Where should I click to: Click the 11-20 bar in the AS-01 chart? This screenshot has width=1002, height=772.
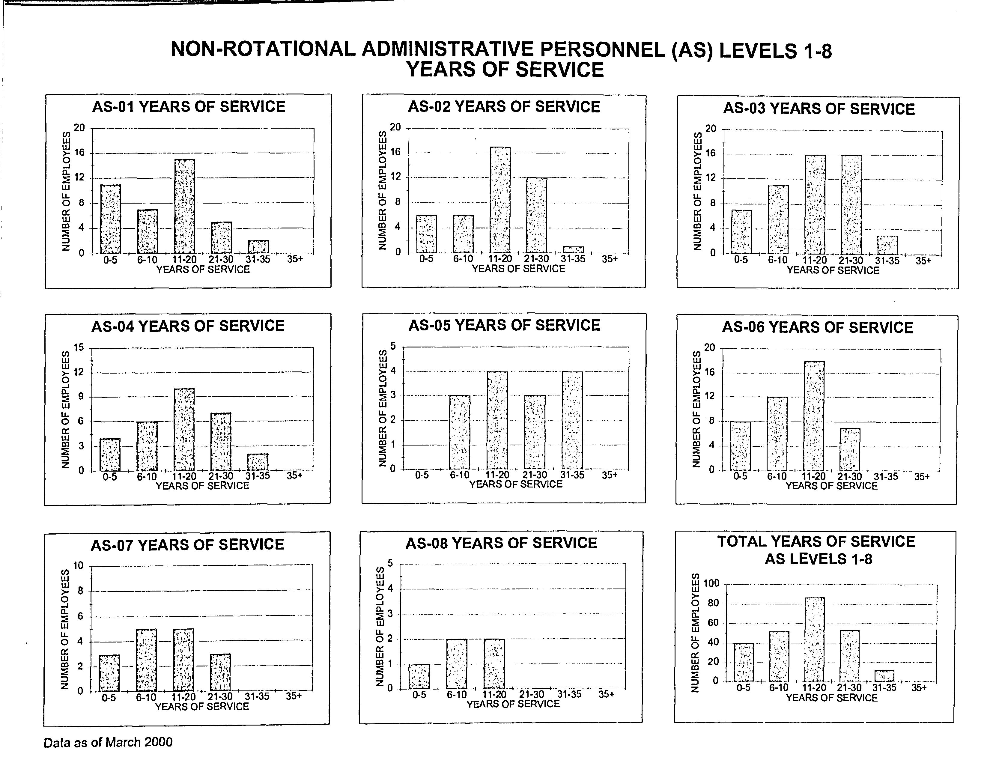coord(184,206)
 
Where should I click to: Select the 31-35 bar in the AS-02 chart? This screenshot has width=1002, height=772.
coord(573,249)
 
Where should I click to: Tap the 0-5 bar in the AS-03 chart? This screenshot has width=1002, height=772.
coord(741,232)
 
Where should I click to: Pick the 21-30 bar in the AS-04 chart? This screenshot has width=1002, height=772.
coord(221,442)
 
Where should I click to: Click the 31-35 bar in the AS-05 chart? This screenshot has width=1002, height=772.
coord(572,420)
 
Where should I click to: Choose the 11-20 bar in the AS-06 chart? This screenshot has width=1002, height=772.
coord(814,416)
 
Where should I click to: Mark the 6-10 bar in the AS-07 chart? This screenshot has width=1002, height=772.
coord(146,660)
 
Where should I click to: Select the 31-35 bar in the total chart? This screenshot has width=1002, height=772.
coord(884,676)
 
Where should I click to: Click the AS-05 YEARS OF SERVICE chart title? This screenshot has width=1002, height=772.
coord(504,325)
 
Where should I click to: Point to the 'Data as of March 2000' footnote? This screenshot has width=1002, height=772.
coord(108,742)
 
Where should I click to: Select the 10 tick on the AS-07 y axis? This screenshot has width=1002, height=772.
coord(79,565)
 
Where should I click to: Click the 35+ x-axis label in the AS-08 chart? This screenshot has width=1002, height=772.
coord(606,694)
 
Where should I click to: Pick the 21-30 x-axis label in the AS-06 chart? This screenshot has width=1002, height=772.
coord(850,477)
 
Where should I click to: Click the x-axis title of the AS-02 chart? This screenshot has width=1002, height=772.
coord(518,269)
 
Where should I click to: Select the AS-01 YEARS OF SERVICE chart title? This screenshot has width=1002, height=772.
coord(189,106)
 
